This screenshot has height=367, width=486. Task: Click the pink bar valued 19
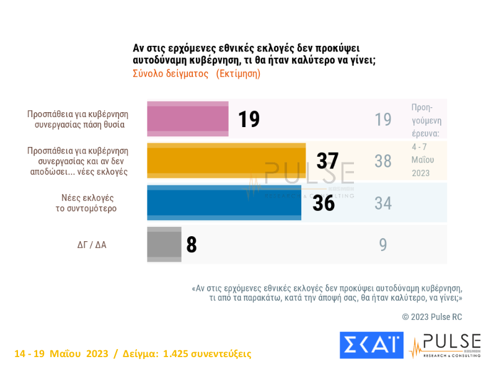[x=187, y=118]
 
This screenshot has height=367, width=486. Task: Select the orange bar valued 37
[x=226, y=161]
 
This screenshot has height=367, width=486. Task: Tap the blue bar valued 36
[x=224, y=202]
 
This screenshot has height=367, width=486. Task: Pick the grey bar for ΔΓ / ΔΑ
[x=164, y=244]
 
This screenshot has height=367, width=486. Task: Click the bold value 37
[x=327, y=161]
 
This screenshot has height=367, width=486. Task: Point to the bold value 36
[x=324, y=203]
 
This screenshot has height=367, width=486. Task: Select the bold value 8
[x=192, y=245]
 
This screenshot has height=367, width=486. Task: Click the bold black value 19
[x=249, y=119]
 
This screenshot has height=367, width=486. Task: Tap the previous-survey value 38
[x=383, y=161]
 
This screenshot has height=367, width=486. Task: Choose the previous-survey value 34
[x=383, y=203]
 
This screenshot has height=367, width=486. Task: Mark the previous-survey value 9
[x=383, y=245]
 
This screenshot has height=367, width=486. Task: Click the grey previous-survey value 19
[x=383, y=119]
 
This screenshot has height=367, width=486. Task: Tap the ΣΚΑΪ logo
[x=371, y=345]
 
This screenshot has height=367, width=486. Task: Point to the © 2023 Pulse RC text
[x=431, y=317]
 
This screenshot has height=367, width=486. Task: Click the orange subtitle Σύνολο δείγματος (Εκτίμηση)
[x=197, y=73]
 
